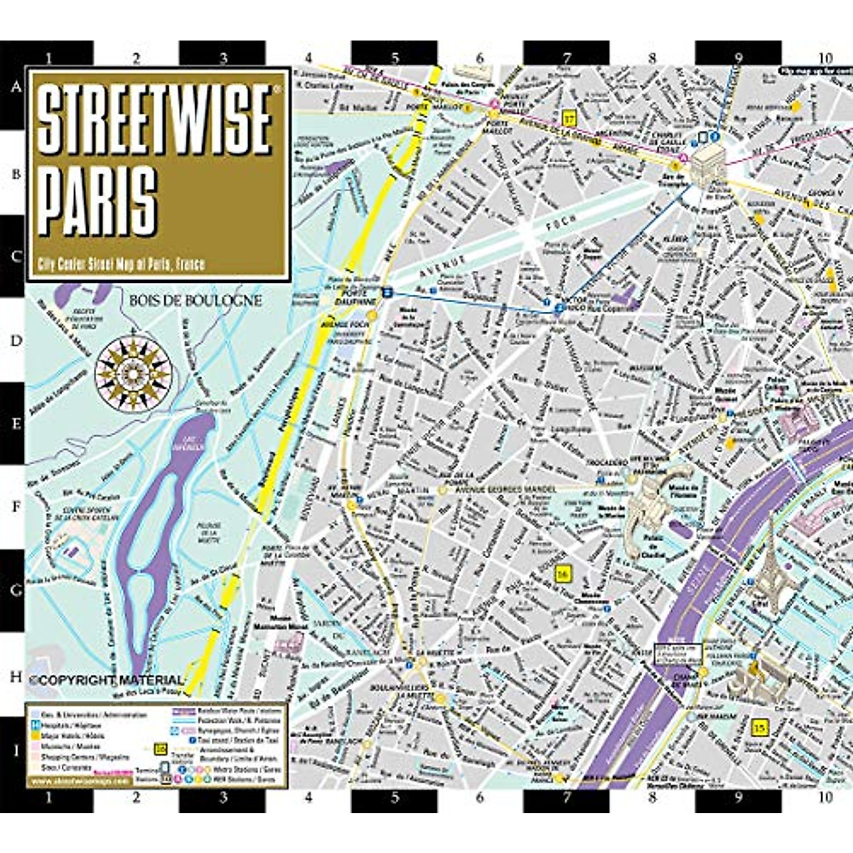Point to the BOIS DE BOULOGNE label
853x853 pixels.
pyautogui.click(x=195, y=301)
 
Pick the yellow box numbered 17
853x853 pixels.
pyautogui.click(x=568, y=117)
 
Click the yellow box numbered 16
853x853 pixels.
pyautogui.click(x=564, y=573)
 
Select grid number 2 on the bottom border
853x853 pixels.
pyautogui.click(x=136, y=798)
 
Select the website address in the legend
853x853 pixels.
pyautogui.click(x=78, y=780)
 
